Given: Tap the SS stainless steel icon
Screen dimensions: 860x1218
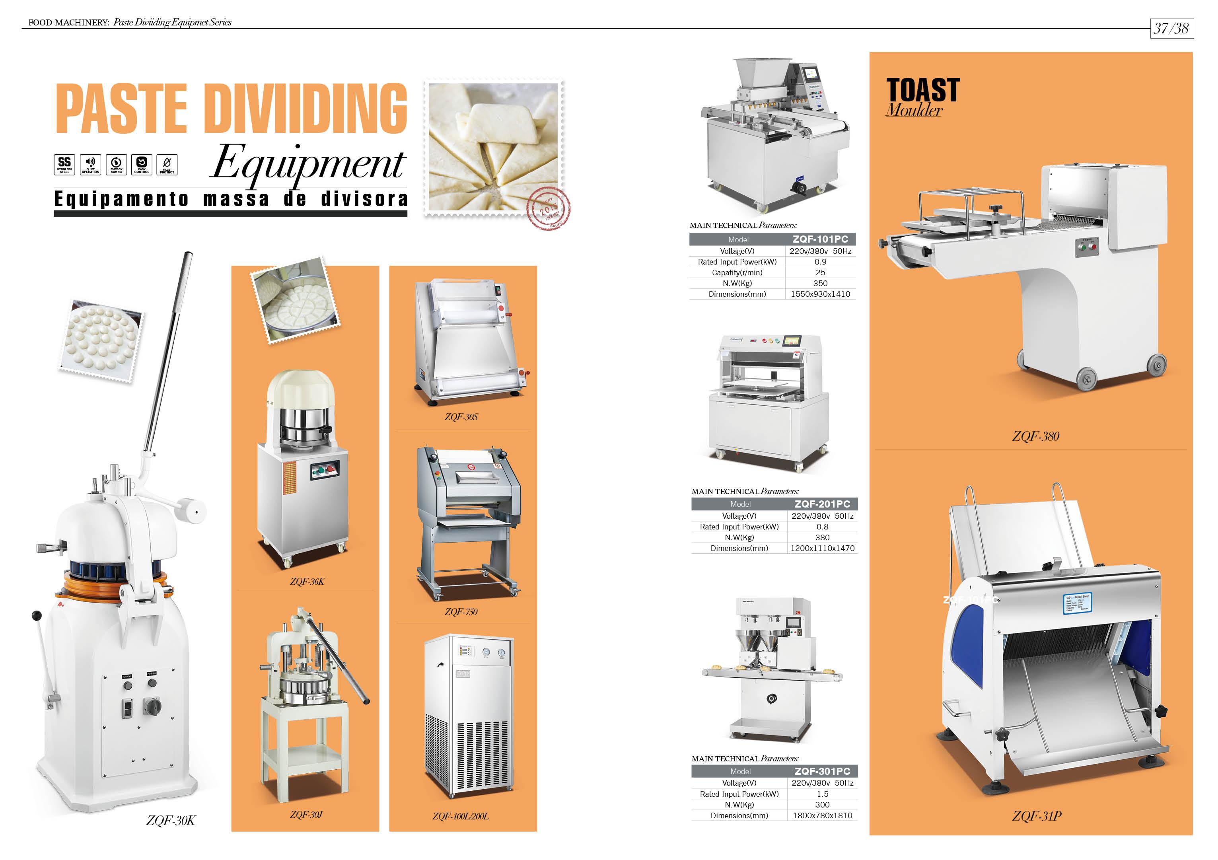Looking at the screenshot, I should pyautogui.click(x=64, y=164).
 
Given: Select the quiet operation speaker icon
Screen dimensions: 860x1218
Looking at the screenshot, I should pyautogui.click(x=90, y=164).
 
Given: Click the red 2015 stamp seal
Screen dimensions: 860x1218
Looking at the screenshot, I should pyautogui.click(x=549, y=208).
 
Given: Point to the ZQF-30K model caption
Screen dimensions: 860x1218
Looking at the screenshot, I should pyautogui.click(x=170, y=820).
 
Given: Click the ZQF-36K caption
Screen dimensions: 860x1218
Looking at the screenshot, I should pyautogui.click(x=307, y=582).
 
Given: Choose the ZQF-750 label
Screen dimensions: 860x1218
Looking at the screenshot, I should pyautogui.click(x=461, y=612).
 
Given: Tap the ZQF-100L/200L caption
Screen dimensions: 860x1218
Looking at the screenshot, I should pyautogui.click(x=461, y=816).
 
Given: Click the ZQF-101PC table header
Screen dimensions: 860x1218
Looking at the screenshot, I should pyautogui.click(x=820, y=239).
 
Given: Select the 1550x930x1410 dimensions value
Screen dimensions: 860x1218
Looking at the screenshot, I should pyautogui.click(x=820, y=294).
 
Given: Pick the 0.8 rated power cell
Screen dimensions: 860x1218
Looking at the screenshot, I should pyautogui.click(x=822, y=527).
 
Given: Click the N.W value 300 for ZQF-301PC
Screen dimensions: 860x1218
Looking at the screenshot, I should pyautogui.click(x=822, y=805).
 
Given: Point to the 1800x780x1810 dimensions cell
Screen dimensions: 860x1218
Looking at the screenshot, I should pyautogui.click(x=822, y=815).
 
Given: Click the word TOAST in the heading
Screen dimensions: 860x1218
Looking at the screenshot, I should pyautogui.click(x=923, y=90).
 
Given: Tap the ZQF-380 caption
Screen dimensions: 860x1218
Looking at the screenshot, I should pyautogui.click(x=1035, y=437).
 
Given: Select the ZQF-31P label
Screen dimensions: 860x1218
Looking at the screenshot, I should pyautogui.click(x=1037, y=816).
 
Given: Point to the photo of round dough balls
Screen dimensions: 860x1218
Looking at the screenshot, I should pyautogui.click(x=101, y=340).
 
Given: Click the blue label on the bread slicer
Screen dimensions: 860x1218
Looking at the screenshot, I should pyautogui.click(x=1078, y=603).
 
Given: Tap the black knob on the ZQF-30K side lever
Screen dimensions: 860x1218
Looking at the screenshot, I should pyautogui.click(x=37, y=615).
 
